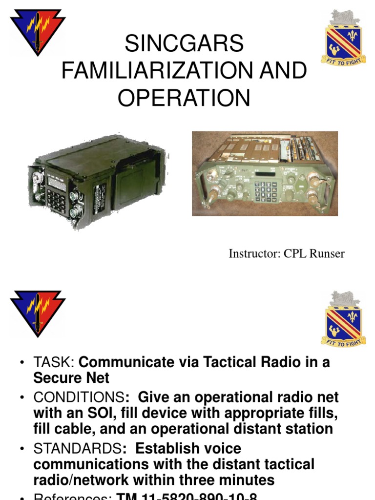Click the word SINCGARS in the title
coord(184,44)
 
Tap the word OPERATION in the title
coord(184,98)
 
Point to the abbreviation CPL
coord(294,254)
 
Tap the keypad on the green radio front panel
coord(267,190)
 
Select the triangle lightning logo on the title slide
coord(38,31)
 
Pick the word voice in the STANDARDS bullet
coord(215,448)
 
